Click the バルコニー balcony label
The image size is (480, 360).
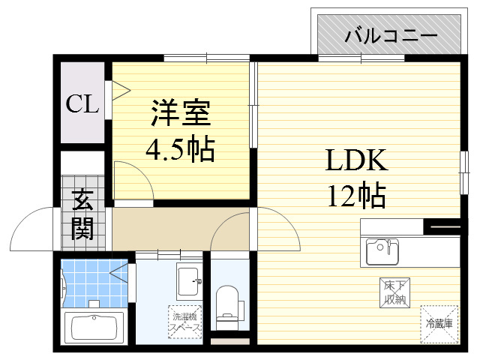point(391,36)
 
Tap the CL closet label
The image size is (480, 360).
point(82,104)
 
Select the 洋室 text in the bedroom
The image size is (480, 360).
point(180,114)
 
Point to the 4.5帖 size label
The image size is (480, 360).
point(180,150)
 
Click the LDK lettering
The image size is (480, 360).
point(355,160)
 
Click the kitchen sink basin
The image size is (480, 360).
point(382,251)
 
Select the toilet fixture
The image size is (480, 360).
point(226,304)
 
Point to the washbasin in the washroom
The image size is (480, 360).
point(188,281)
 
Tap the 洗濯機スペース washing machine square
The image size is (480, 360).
point(184,322)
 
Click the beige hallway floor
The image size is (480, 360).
point(161,229)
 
